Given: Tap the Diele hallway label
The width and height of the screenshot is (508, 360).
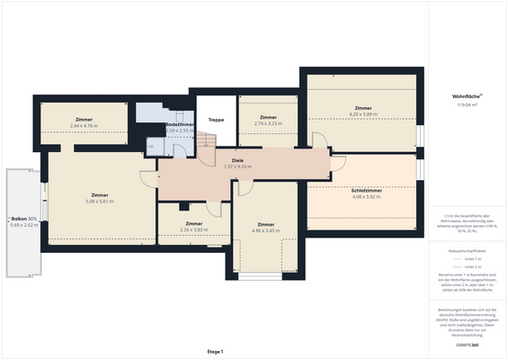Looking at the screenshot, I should pyautogui.click(x=237, y=160).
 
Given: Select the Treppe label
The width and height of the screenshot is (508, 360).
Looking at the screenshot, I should pyautogui.click(x=216, y=120).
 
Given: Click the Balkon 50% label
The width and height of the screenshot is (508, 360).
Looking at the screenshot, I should pyautogui.click(x=23, y=219).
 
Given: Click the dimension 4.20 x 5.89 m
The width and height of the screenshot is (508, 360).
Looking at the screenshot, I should pyautogui.click(x=362, y=114).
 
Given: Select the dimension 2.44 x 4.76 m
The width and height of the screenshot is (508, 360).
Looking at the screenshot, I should pyautogui.click(x=85, y=125).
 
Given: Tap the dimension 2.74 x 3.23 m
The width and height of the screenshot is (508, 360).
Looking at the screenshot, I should pyautogui.click(x=268, y=123).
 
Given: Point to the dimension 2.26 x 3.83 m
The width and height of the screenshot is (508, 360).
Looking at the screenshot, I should pyautogui.click(x=193, y=229).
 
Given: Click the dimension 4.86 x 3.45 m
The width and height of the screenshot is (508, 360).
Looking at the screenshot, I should pyautogui.click(x=265, y=230).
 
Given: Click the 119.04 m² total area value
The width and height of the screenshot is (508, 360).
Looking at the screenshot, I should pyautogui.click(x=467, y=105).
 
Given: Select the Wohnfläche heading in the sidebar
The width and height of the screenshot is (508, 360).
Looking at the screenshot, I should pyautogui.click(x=467, y=95).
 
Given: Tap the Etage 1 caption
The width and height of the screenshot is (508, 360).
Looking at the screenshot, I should pyautogui.click(x=215, y=351).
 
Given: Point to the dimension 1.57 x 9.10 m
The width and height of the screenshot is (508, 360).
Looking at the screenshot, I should pyautogui.click(x=237, y=166).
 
